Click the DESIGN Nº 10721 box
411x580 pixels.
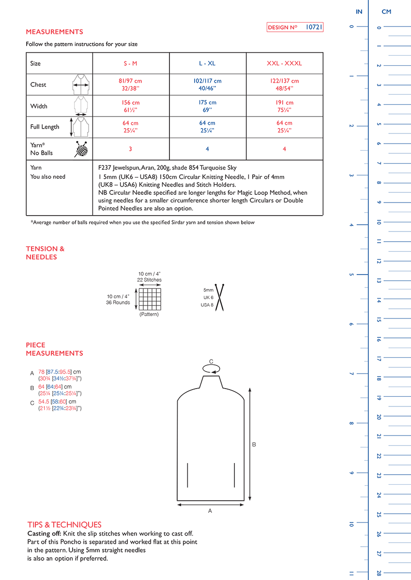(295, 28)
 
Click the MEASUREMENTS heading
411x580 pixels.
(54, 32)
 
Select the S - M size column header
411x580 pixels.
(130, 63)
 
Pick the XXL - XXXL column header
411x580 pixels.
(284, 63)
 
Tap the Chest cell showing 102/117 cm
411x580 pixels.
(207, 85)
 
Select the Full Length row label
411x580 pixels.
(45, 127)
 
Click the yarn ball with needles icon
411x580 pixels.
(82, 149)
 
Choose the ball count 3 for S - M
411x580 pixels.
(130, 149)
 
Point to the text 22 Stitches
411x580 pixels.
(149, 280)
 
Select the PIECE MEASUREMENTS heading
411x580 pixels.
(54, 349)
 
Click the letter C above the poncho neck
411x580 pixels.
(211, 361)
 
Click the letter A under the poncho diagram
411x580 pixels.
(210, 510)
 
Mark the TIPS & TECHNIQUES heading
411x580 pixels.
(64, 524)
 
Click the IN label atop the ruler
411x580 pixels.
(359, 12)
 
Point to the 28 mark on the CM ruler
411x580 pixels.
(379, 573)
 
